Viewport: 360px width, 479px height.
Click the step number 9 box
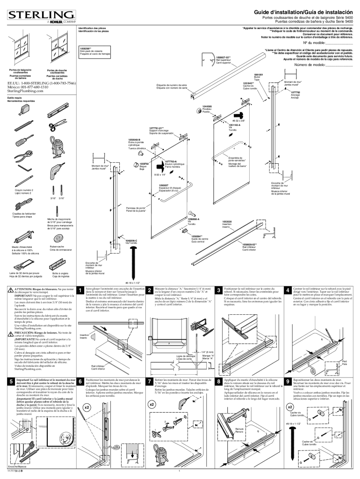click(x=288, y=381)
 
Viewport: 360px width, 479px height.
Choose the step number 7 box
click(x=149, y=381)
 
